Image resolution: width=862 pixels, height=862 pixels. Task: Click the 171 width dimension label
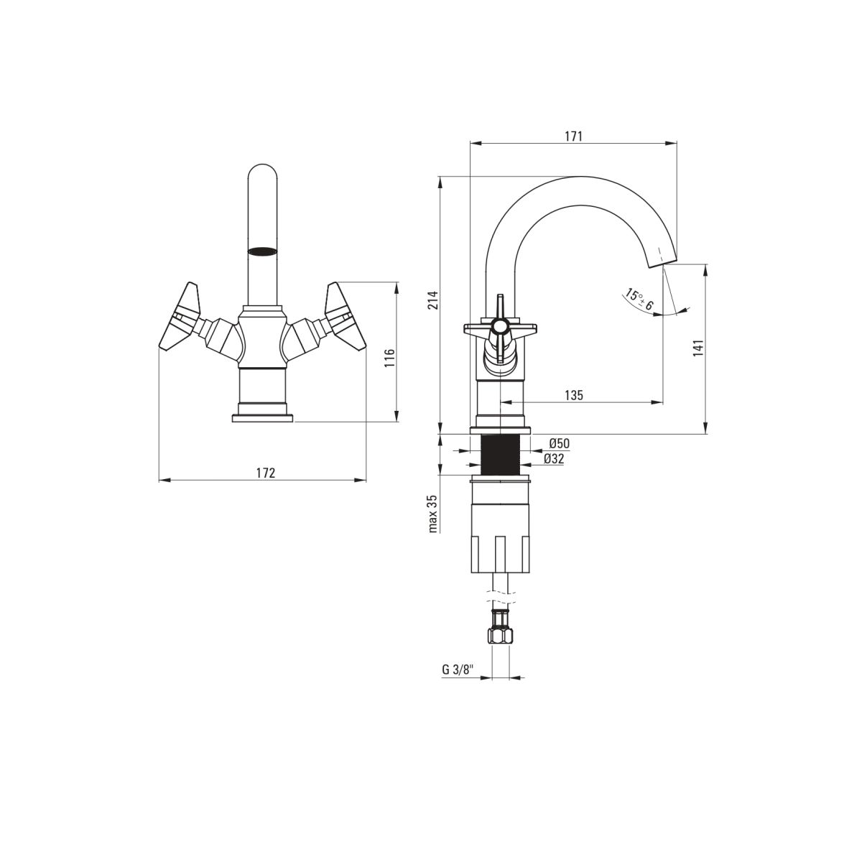(573, 136)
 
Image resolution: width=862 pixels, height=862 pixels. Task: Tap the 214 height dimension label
(433, 300)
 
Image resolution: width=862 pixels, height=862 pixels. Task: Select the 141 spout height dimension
(698, 348)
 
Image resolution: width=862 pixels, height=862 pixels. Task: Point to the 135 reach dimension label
(573, 395)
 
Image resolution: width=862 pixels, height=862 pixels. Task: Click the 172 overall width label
(266, 473)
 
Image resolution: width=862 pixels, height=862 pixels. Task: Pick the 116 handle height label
(389, 358)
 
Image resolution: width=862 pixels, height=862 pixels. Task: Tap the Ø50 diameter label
(559, 443)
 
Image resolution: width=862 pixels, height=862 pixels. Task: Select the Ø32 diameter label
(554, 459)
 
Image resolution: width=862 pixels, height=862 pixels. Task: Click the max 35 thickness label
(433, 514)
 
